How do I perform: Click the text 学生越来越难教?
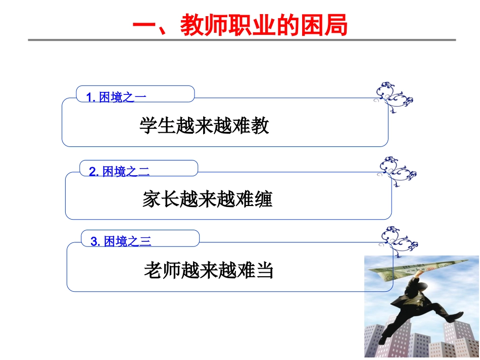(204, 126)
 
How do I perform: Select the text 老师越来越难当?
(209, 271)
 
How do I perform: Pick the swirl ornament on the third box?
(399, 241)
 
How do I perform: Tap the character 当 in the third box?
(265, 271)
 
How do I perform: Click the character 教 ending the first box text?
(261, 126)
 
